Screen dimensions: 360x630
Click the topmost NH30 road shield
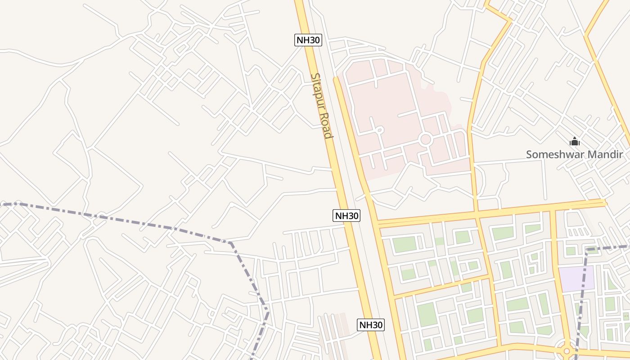click(308, 40)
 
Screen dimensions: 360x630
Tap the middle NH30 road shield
click(346, 216)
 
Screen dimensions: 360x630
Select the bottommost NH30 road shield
click(371, 324)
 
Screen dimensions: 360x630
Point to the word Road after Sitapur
click(327, 125)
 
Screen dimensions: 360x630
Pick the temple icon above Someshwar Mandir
click(575, 142)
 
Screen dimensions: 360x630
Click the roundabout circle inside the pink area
click(425, 139)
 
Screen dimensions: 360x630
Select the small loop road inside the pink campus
click(379, 130)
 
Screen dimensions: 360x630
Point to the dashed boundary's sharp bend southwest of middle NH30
click(230, 243)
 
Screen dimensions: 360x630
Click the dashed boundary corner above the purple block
click(587, 249)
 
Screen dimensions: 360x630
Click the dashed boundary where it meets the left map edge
click(1, 204)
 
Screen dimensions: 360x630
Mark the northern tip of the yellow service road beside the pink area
click(335, 78)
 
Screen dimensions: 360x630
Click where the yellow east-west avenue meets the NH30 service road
click(378, 224)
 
